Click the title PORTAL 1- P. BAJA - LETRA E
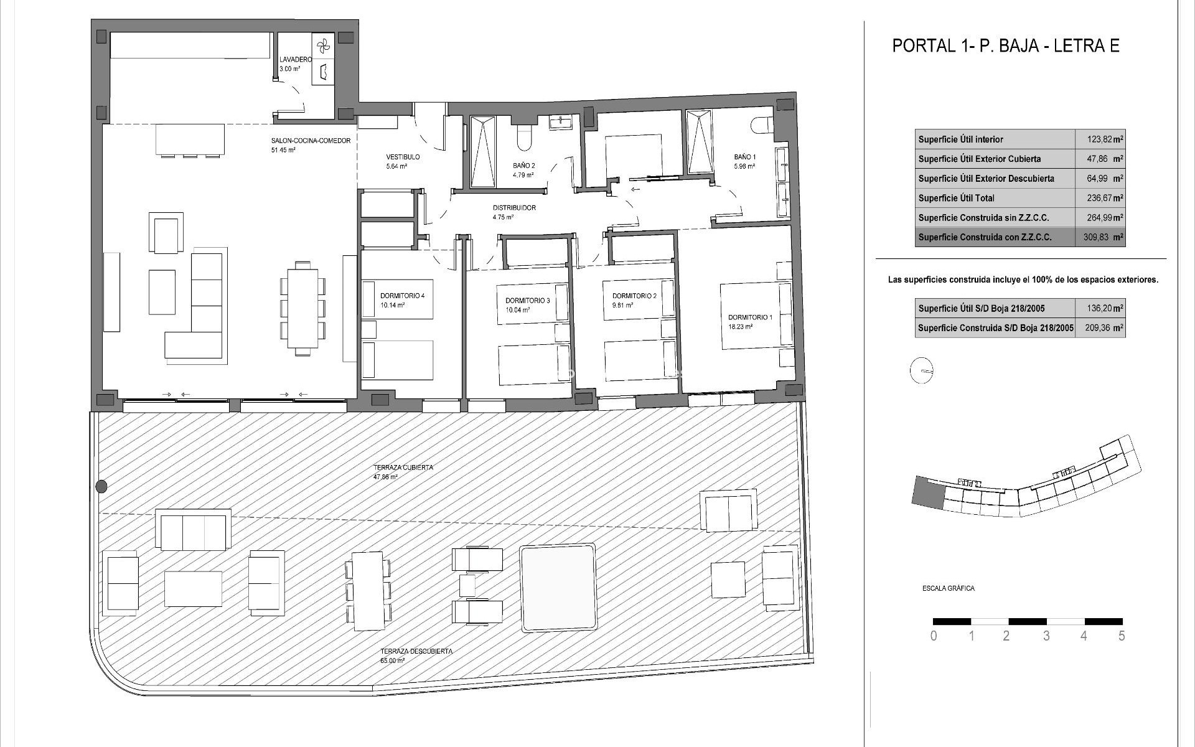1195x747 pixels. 1006,45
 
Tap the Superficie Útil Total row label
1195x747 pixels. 957,198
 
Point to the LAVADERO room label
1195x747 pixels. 295,60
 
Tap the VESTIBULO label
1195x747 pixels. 403,157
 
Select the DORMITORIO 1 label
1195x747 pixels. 749,317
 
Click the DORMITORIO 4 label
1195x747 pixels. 402,296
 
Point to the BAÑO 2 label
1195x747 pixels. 523,166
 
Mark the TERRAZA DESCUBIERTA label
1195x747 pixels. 416,651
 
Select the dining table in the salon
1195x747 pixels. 302,308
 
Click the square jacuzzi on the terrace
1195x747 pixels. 558,588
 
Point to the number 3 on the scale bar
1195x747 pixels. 1046,636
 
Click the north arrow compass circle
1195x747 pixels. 921,371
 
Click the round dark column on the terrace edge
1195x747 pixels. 101,486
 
